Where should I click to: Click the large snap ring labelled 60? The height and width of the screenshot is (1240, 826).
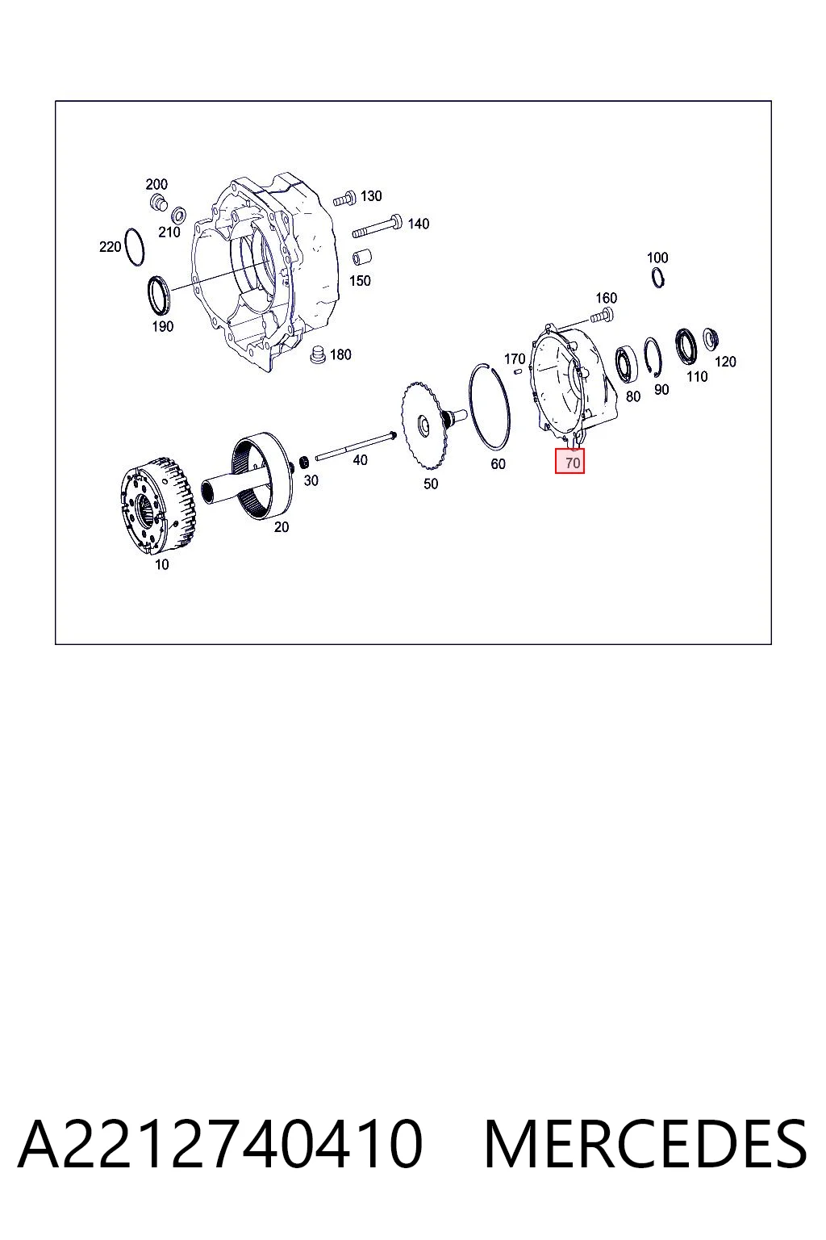(490, 405)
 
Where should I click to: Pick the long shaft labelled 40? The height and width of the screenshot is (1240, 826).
(355, 446)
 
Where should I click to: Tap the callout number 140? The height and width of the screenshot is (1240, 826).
(419, 224)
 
